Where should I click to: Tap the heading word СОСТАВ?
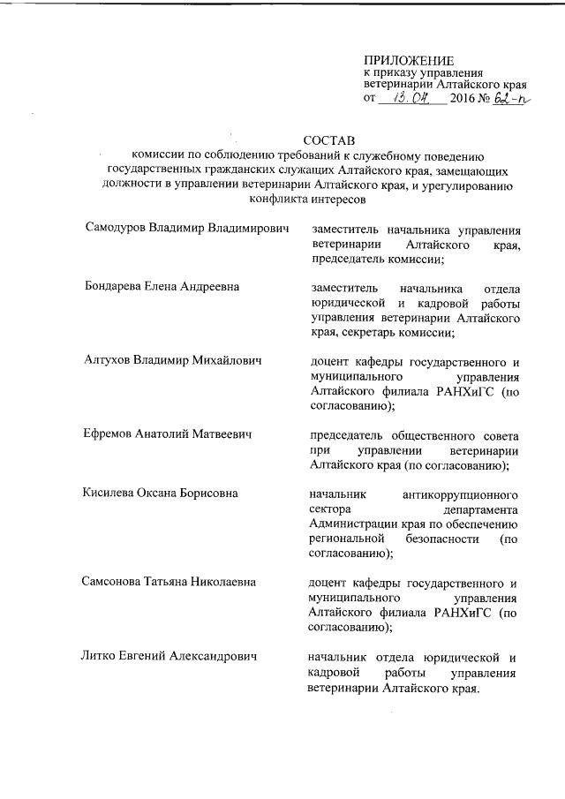tap(328, 140)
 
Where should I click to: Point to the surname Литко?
tap(102, 657)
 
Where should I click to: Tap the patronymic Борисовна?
tap(206, 494)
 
